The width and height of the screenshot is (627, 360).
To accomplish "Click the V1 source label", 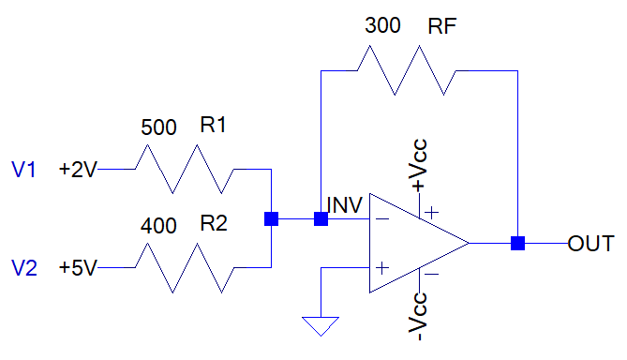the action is coord(23,169).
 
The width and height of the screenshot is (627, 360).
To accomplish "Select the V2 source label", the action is coord(24,267).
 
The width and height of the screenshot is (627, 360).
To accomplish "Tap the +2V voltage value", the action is coord(78,169).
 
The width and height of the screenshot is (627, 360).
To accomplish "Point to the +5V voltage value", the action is coord(78,267).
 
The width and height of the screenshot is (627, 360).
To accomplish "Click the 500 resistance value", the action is coord(158,127).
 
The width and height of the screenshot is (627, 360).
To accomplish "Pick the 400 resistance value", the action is coord(158,226).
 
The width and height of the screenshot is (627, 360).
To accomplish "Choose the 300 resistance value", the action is coord(382,25).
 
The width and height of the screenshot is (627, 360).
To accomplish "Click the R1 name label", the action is coord(213,125).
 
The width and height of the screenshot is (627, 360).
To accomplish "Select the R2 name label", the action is coord(214,223).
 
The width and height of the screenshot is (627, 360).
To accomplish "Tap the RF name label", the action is coord(441,26).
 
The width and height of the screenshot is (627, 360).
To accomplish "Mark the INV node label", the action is coord(345,204).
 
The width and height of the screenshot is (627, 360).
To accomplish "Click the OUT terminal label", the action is coord(590,244).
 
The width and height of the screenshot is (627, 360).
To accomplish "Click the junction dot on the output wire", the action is coord(518,243).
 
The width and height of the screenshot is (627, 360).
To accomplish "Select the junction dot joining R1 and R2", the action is coord(272,218).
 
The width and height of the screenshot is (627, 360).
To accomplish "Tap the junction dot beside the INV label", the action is coord(321,218).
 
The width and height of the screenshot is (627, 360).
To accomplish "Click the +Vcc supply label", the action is coord(418,165).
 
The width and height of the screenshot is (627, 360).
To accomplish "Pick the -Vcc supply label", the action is coord(418,316).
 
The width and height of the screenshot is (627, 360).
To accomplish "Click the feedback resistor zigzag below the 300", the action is coord(407,71).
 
